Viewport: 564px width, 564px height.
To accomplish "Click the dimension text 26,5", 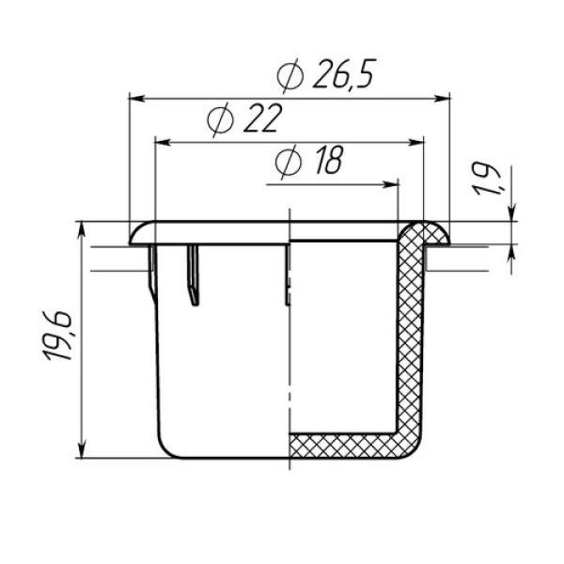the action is [x=344, y=73].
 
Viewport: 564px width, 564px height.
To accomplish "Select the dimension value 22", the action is [x=262, y=118].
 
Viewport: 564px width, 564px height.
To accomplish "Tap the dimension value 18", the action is [x=329, y=160].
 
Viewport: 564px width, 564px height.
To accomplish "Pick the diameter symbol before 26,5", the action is [x=290, y=75].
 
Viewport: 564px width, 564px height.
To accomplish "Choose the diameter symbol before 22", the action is [x=221, y=119].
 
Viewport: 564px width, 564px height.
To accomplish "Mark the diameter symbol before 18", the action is [x=288, y=162].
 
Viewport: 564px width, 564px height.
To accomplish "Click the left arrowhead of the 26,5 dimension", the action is [x=136, y=98].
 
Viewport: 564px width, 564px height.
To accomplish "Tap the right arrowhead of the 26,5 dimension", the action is [x=442, y=98].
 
